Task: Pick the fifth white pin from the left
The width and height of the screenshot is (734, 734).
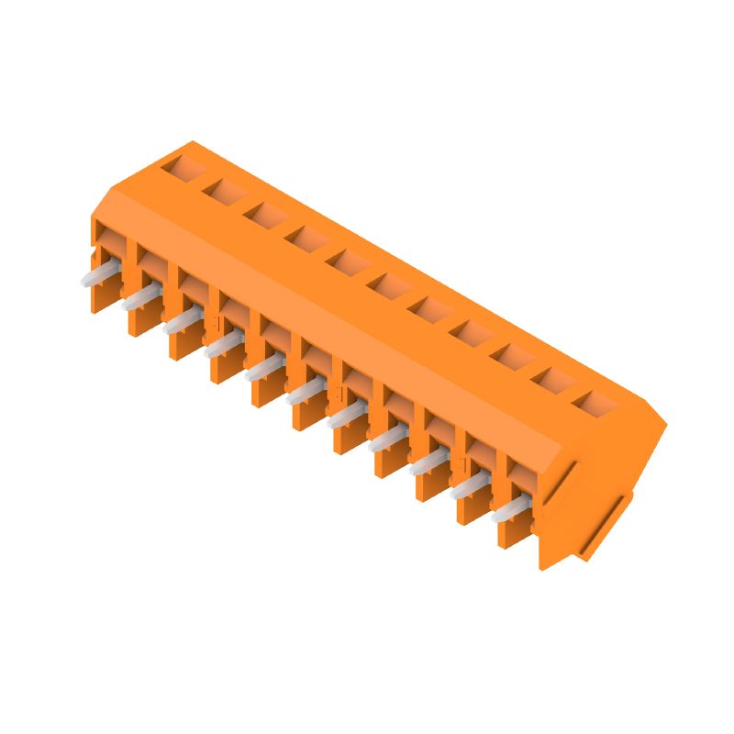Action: (263, 369)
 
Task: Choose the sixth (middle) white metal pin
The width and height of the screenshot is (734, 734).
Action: (305, 393)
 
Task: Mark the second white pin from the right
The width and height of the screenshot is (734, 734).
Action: (469, 486)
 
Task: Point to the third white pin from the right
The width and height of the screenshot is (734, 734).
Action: (428, 463)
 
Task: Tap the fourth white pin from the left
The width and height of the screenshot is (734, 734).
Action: (223, 345)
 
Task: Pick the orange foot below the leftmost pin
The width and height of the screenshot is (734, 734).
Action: (100, 297)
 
